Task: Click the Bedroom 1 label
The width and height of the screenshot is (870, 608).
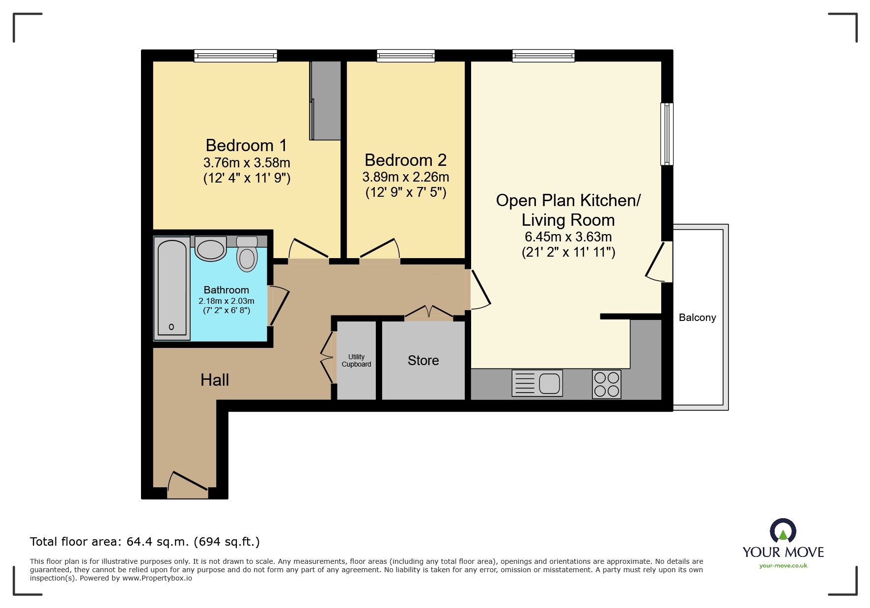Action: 246,145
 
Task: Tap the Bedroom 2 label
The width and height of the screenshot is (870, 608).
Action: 405,160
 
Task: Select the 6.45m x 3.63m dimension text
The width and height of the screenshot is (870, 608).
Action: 568,237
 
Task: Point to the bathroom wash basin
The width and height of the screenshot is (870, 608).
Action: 210,248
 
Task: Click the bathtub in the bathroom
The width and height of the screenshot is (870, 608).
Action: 171,288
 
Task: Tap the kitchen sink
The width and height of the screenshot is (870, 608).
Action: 537,383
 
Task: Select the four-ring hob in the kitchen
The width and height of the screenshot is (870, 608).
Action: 607,384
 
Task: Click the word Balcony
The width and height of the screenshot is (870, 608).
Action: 697,317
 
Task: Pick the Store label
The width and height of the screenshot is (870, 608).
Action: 423,361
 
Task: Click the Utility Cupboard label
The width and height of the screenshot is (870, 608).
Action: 356,361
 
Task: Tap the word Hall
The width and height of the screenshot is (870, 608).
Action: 215,380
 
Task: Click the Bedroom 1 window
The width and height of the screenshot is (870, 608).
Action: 235,55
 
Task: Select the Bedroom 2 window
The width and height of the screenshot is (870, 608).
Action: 406,55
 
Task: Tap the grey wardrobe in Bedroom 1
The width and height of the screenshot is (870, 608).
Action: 325,101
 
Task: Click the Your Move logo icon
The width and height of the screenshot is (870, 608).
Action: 783,531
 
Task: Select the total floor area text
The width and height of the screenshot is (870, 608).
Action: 145,542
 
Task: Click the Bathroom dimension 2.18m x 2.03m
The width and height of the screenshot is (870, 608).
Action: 226,301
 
